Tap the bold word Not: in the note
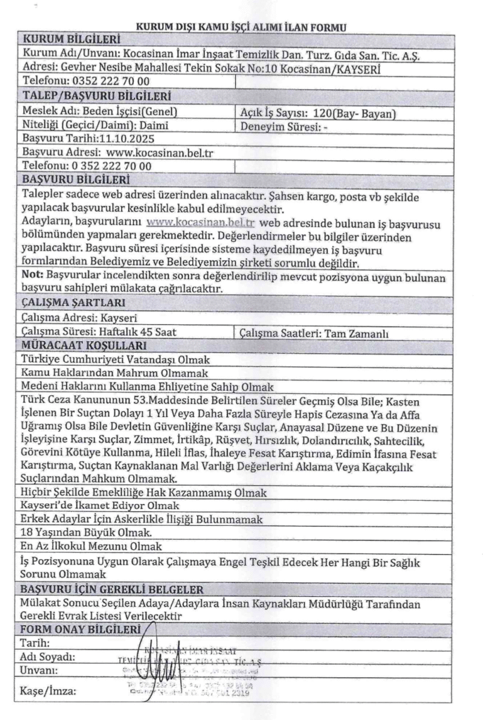32,275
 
